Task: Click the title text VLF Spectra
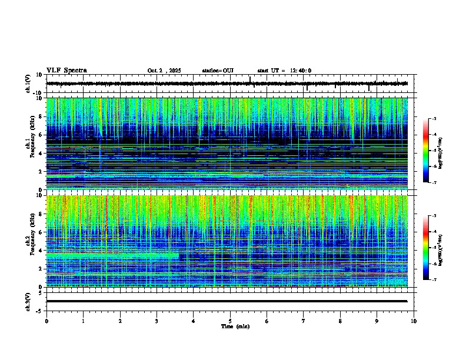coord(66,71)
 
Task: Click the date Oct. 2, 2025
coord(164,71)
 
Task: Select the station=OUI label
coord(218,71)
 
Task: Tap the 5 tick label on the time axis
coord(230,321)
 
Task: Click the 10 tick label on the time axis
coord(414,321)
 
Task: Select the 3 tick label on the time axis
coord(157,321)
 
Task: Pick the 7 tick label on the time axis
coord(304,321)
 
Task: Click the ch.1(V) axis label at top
coord(28,84)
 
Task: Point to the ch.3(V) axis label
coord(28,301)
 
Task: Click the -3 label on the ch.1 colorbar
coord(436,119)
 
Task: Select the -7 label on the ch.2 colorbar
coord(436,280)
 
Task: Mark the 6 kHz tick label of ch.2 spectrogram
coord(41,232)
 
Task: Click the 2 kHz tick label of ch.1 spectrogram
coord(41,172)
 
